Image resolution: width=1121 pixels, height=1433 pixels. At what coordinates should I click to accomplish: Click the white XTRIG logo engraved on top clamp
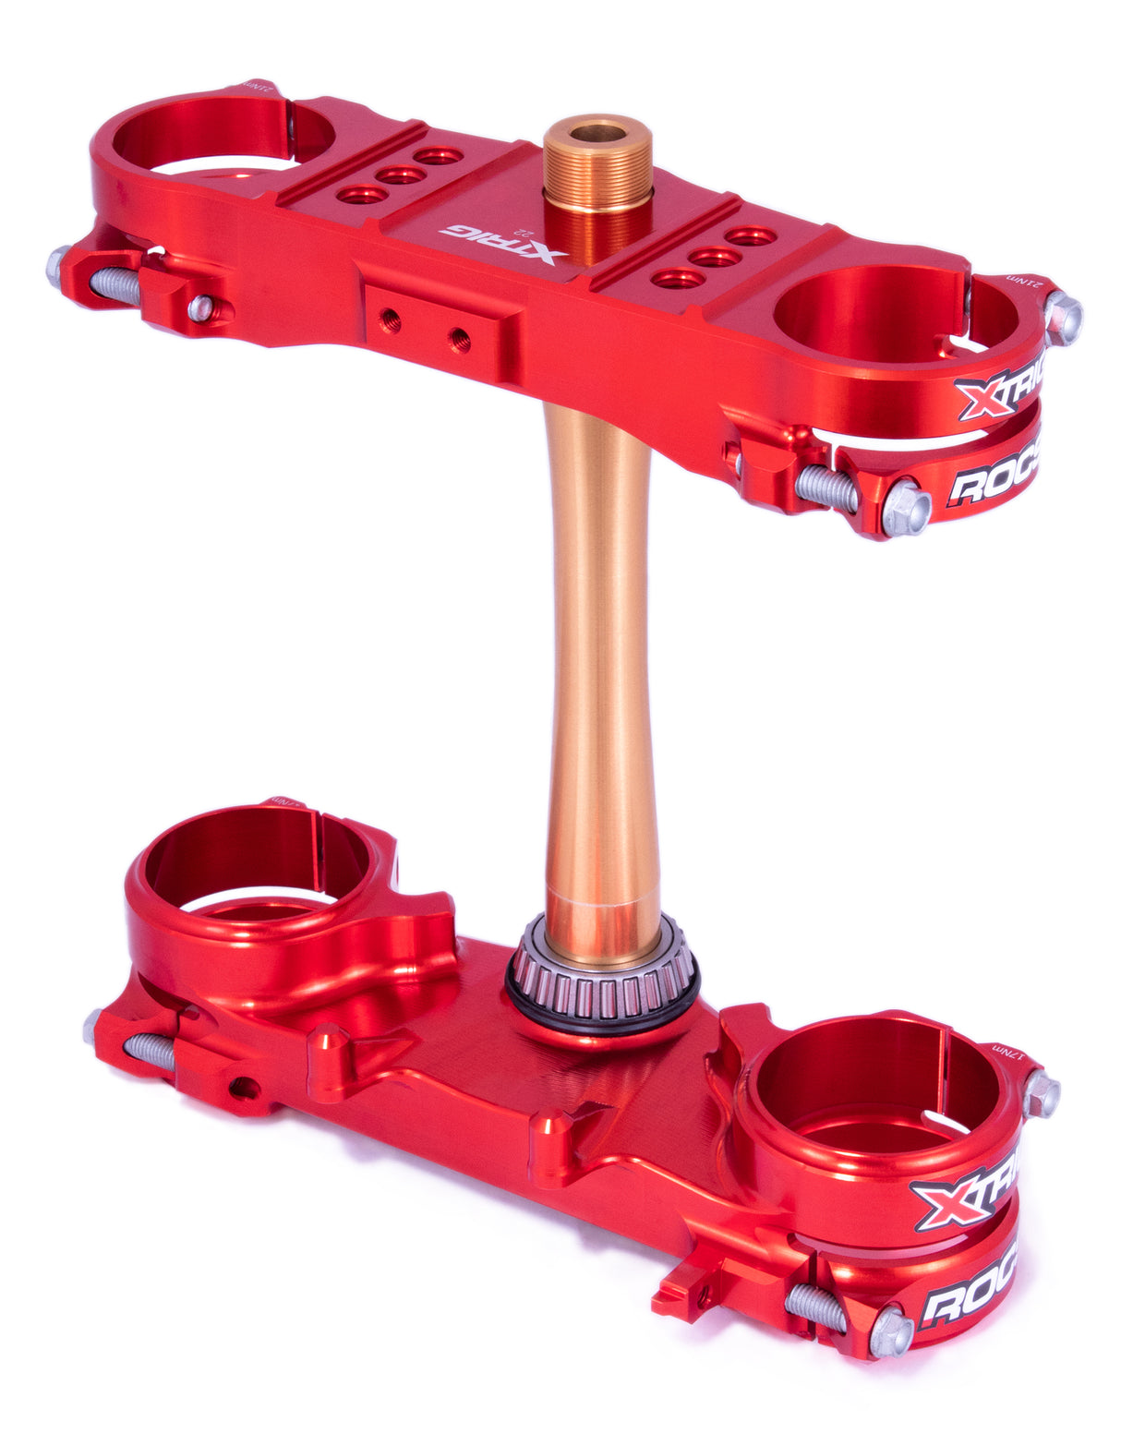[503, 243]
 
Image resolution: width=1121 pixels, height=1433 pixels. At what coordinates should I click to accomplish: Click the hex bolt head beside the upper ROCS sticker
[905, 508]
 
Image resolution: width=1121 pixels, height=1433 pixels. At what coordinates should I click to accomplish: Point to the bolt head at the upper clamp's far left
[58, 266]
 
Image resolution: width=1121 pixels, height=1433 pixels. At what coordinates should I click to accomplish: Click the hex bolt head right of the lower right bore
[1042, 1095]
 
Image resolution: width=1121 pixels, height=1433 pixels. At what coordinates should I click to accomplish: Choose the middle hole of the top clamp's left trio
[400, 175]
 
